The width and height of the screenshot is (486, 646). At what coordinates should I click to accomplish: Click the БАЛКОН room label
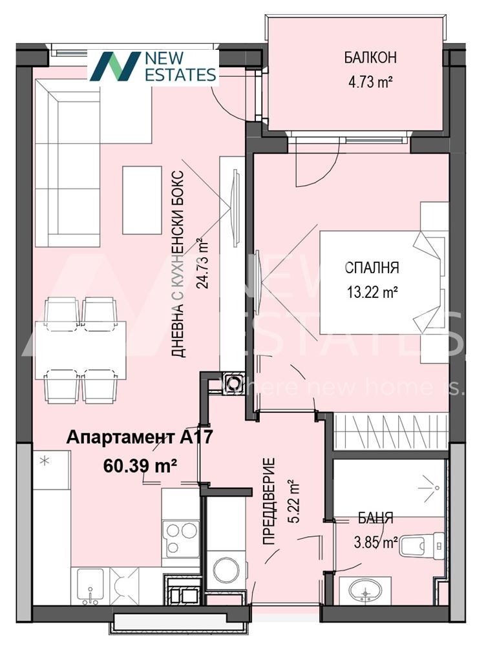pos(370,57)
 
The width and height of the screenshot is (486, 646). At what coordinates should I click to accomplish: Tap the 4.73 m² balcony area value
pos(370,83)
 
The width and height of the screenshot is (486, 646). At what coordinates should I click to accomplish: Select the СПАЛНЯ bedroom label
pos(372,268)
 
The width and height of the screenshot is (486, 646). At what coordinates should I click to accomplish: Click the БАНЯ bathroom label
pos(375,518)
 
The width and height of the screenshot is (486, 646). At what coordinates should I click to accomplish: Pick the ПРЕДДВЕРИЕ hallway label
pos(269,501)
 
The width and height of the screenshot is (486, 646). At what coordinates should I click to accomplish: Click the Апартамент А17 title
pos(140,437)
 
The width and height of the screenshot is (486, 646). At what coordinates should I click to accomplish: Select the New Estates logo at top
pos(153,67)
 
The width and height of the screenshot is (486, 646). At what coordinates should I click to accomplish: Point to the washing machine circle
pos(226,570)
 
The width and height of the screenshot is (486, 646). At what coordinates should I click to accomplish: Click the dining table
pos(80,350)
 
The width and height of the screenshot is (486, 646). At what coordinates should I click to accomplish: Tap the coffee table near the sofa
pos(142,200)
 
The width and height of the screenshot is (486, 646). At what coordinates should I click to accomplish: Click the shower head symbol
pos(431,487)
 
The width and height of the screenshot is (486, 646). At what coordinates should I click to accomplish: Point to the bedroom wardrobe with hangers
pos(390,432)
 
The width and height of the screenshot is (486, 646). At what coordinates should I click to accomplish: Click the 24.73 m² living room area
pos(204,264)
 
